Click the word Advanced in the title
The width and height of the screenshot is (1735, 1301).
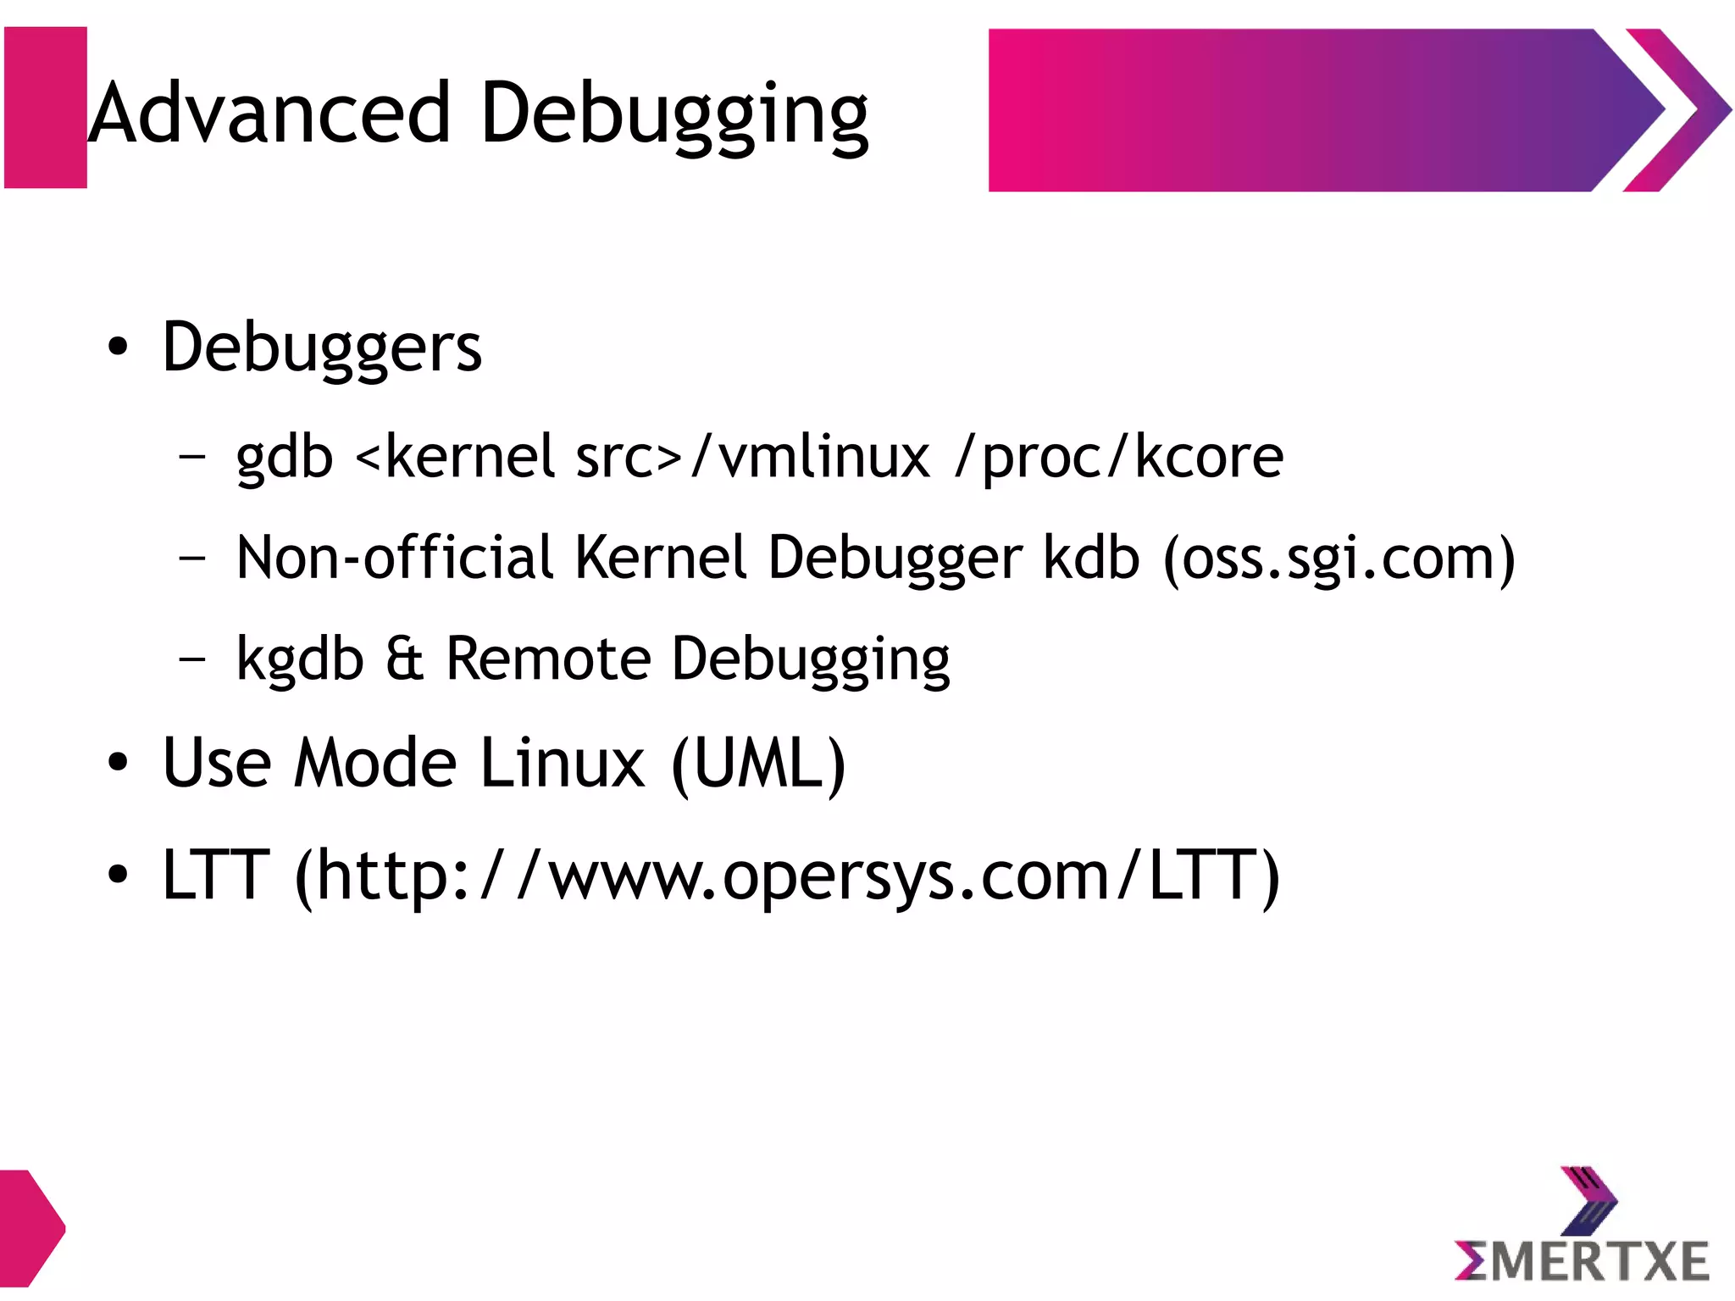(x=270, y=113)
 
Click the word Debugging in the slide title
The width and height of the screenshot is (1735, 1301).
(x=674, y=114)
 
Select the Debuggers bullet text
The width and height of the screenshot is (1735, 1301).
(x=322, y=347)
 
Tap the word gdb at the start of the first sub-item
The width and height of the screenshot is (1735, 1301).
(x=285, y=458)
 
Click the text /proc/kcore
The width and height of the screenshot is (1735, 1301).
(x=1119, y=458)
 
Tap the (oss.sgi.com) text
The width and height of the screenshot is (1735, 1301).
(x=1339, y=559)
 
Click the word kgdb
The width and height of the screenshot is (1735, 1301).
(x=300, y=659)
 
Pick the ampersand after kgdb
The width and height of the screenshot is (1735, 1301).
(x=404, y=659)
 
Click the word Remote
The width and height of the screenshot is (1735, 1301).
(x=548, y=659)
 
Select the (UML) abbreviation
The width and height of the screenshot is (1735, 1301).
(x=758, y=764)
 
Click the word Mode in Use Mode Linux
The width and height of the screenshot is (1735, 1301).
(x=376, y=763)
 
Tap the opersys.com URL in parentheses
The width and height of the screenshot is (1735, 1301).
(x=788, y=876)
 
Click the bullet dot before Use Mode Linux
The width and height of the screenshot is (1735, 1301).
(x=118, y=763)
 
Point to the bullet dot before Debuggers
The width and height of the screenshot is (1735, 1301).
(x=118, y=347)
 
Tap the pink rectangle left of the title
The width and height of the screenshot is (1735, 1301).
(x=46, y=108)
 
